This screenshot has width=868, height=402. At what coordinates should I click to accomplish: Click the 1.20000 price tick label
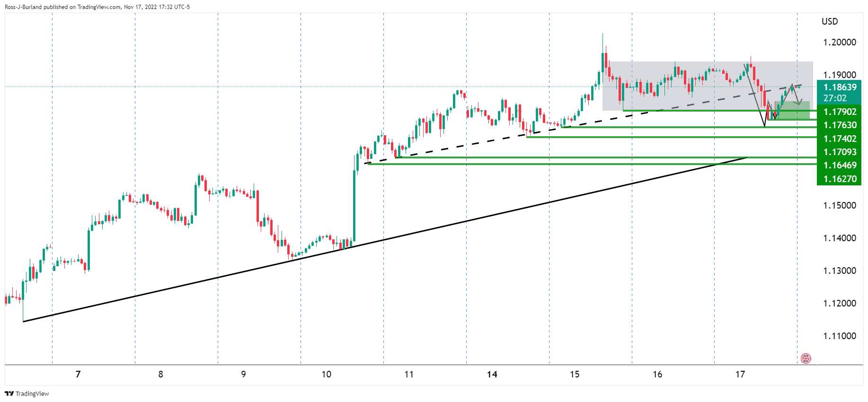pyautogui.click(x=839, y=42)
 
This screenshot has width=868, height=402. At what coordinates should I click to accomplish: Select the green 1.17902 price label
pyautogui.click(x=840, y=112)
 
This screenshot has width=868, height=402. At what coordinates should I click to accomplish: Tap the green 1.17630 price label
pyautogui.click(x=840, y=125)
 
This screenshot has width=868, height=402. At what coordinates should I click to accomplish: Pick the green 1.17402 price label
pyautogui.click(x=840, y=139)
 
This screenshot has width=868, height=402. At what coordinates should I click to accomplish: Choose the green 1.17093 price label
pyautogui.click(x=840, y=152)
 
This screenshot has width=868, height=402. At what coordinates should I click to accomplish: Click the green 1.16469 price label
pyautogui.click(x=840, y=165)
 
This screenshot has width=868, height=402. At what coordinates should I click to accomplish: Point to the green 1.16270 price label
pyautogui.click(x=840, y=179)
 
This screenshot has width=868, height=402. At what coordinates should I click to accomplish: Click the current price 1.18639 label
pyautogui.click(x=840, y=87)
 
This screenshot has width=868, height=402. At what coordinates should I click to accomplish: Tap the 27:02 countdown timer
pyautogui.click(x=835, y=98)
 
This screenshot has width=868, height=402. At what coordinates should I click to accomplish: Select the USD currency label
pyautogui.click(x=830, y=21)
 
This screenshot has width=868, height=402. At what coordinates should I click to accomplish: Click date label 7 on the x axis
pyautogui.click(x=78, y=374)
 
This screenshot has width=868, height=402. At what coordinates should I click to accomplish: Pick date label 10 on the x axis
pyautogui.click(x=326, y=374)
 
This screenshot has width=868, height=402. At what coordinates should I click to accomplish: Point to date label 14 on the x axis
pyautogui.click(x=492, y=374)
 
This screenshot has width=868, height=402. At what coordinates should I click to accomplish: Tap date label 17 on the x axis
pyautogui.click(x=740, y=374)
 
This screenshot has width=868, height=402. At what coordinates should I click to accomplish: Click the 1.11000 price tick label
pyautogui.click(x=839, y=336)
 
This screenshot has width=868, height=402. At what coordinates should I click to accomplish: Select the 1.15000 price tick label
pyautogui.click(x=839, y=205)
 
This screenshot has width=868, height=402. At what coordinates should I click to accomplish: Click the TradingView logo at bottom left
pyautogui.click(x=27, y=393)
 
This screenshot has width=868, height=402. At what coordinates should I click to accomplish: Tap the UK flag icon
pyautogui.click(x=806, y=358)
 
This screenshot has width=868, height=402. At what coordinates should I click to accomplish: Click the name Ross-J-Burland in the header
pyautogui.click(x=23, y=7)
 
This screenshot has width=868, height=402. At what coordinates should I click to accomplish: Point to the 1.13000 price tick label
pyautogui.click(x=839, y=271)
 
